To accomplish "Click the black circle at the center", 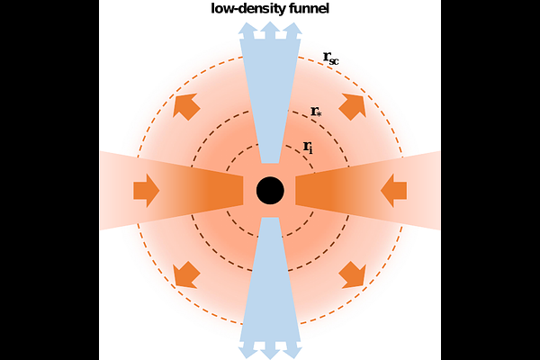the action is [x=270, y=191].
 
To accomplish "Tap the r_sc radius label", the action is [x=331, y=58].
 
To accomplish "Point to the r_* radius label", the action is [x=316, y=112].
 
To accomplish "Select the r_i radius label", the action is [x=308, y=147].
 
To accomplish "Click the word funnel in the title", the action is [x=309, y=9].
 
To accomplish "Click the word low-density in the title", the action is [x=248, y=9].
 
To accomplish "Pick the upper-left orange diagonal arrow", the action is [x=186, y=106].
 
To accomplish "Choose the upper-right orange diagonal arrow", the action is [x=352, y=107].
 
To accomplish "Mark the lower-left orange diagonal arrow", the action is [x=186, y=274].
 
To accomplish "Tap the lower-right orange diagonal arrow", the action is [x=352, y=274].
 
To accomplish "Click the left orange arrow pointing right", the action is [x=147, y=191].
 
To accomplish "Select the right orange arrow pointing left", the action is [x=394, y=191].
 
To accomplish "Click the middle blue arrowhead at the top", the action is [x=270, y=30].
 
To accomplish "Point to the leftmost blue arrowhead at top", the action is [x=248, y=30].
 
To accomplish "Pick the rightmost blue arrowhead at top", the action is [x=292, y=30].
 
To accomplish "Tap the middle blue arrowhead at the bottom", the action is [x=270, y=351].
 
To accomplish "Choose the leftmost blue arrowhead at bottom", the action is [x=248, y=351].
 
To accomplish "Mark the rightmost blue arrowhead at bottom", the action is [x=292, y=351].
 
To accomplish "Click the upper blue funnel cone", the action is [x=270, y=100].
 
